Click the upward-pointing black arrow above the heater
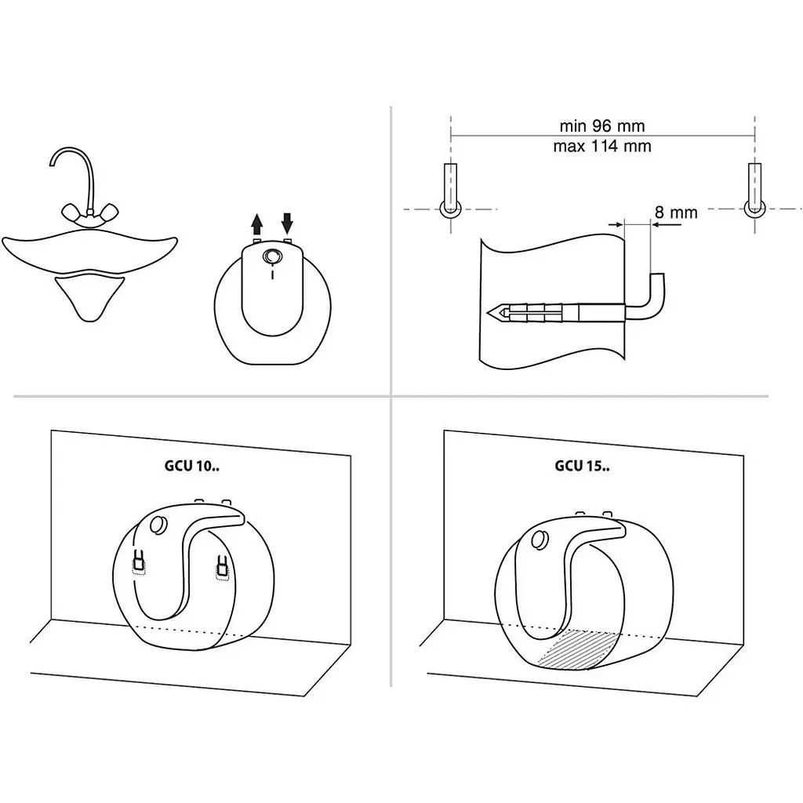coord(257,225)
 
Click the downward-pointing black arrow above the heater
coord(287,223)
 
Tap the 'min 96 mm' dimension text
coord(601,125)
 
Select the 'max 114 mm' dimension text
coord(601,146)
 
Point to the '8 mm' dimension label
coord(676,212)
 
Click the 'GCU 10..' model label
coord(192,466)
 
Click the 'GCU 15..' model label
coord(583,466)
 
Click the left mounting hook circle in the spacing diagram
coord(451,209)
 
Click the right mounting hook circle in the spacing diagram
coord(755,209)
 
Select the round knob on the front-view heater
coord(271,256)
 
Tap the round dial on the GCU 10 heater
coord(158,525)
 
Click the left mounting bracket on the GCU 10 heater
coord(138,561)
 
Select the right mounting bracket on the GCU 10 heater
coord(222,568)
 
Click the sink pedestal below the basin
coord(89,297)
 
